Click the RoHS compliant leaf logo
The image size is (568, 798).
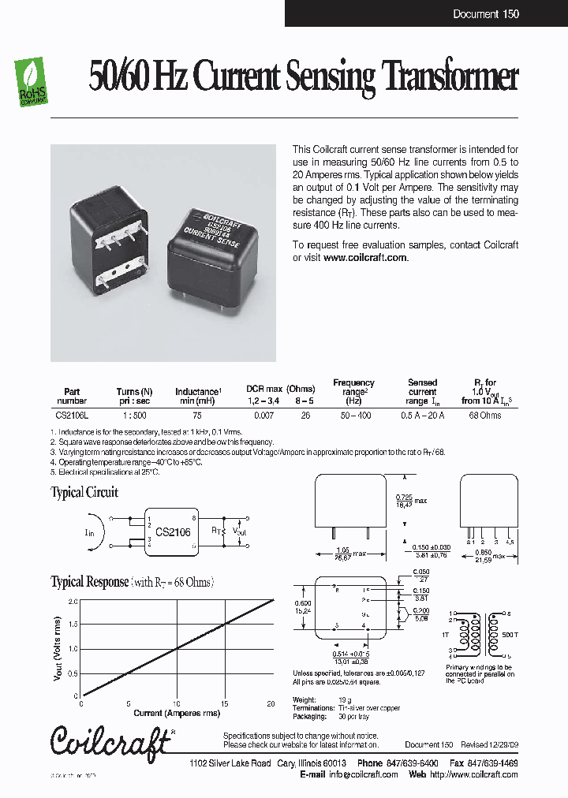[32, 80]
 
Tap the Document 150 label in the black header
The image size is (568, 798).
[486, 14]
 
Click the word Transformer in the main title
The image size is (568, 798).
[450, 79]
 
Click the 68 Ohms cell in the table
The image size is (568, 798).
[485, 415]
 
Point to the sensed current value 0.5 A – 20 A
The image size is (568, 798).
[422, 415]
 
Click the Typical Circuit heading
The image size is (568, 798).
[84, 492]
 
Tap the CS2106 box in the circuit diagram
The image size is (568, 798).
[174, 532]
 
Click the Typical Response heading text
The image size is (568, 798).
[89, 582]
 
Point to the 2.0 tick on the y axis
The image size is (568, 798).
[73, 601]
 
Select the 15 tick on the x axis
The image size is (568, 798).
[224, 703]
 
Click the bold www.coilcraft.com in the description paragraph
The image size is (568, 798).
[365, 258]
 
